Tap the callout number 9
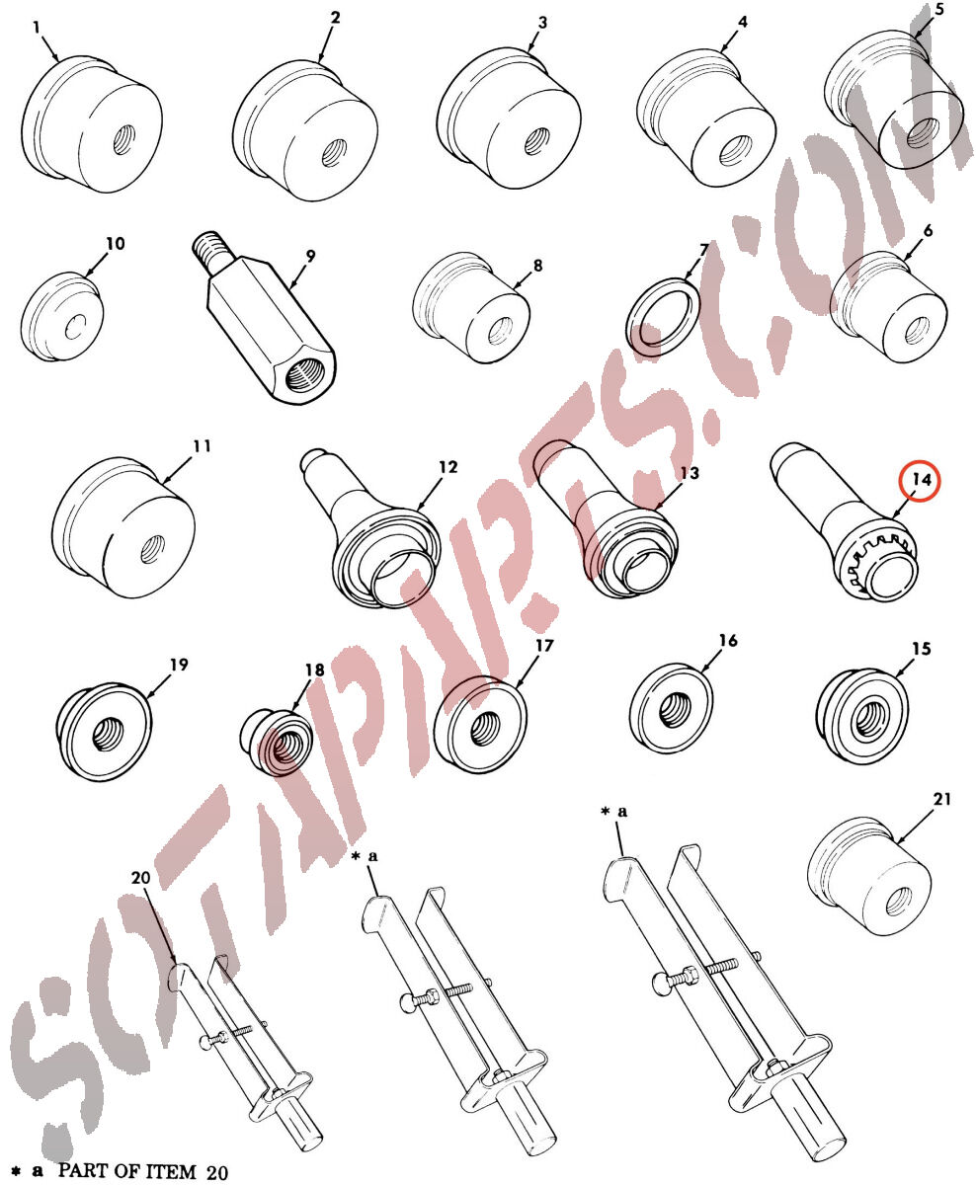310,256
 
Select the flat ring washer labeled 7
663,317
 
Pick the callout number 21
942,799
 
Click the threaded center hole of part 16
674,710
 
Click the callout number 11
202,446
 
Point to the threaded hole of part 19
105,734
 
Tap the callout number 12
448,467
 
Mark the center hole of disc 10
75,328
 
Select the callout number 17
544,646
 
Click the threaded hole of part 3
537,140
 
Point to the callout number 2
335,18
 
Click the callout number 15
922,649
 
